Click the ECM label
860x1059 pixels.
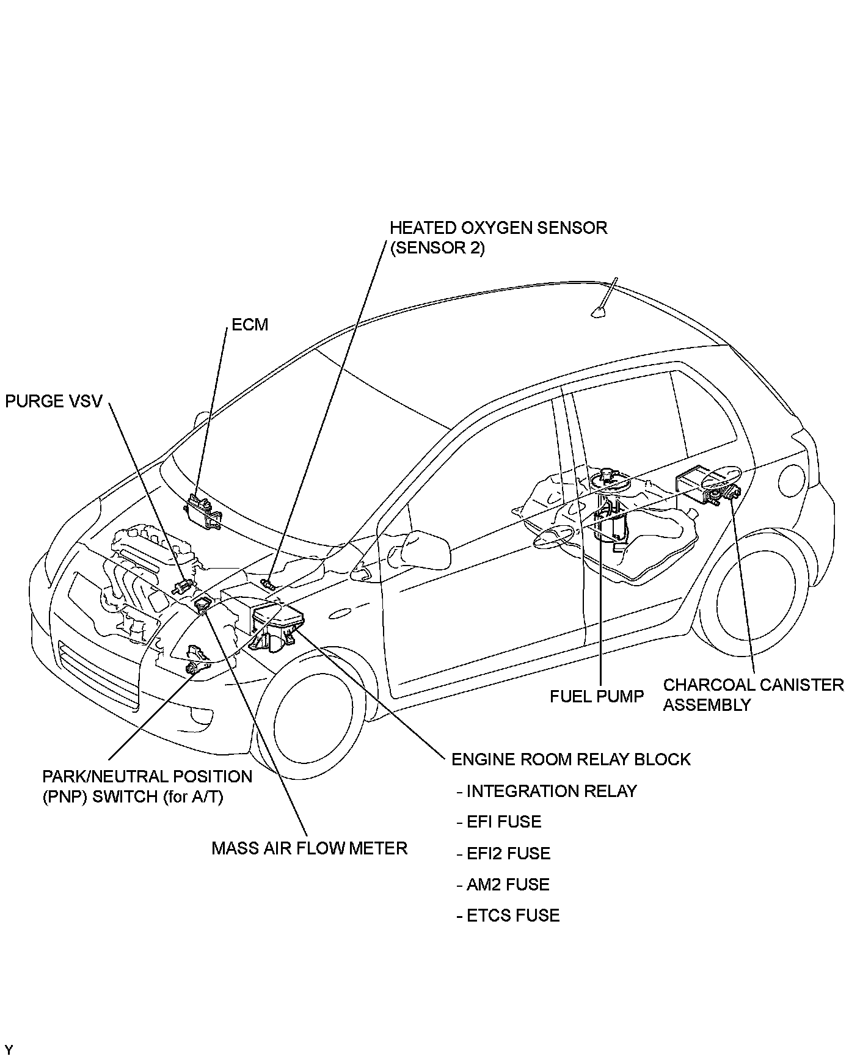(x=250, y=324)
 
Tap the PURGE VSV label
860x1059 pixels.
(x=54, y=401)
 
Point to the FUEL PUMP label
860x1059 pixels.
(x=597, y=696)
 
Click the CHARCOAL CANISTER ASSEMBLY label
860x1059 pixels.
(x=753, y=694)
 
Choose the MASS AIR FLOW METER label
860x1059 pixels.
(x=309, y=848)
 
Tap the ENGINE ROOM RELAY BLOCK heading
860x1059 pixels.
(x=571, y=759)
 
